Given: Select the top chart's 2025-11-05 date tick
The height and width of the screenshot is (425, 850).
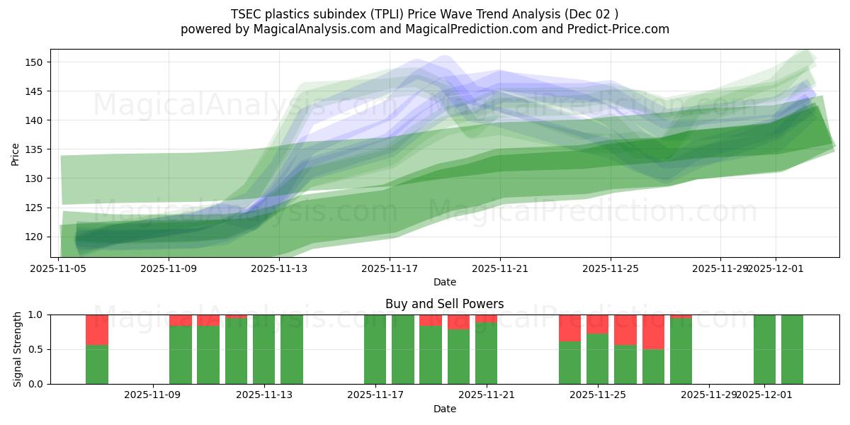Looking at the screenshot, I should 59,268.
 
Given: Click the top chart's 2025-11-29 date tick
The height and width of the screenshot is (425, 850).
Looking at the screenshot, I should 720,268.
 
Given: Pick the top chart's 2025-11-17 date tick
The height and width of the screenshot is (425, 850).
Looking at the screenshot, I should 390,268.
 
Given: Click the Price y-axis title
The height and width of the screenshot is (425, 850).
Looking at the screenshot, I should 15,154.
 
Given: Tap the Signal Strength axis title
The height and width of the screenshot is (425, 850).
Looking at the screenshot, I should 18,349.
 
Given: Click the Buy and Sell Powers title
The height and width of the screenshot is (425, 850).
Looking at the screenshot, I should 444,304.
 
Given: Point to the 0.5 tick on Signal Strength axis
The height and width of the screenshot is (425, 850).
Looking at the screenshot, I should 35,349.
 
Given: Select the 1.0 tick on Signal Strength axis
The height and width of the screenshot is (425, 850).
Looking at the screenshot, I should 35,314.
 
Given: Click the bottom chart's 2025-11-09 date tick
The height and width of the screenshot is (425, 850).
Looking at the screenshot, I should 153,395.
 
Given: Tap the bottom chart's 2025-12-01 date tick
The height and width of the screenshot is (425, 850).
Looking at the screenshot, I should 765,395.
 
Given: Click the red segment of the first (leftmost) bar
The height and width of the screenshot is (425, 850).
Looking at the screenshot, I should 97,329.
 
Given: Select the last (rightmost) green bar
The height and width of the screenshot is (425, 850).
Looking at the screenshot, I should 792,349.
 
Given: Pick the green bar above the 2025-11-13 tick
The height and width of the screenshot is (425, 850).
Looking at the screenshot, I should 264,349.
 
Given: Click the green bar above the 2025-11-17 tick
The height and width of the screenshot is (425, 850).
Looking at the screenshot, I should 375,349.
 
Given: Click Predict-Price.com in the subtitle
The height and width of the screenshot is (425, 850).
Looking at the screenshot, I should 618,29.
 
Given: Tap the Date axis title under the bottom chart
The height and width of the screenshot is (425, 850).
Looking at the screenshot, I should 444,409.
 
